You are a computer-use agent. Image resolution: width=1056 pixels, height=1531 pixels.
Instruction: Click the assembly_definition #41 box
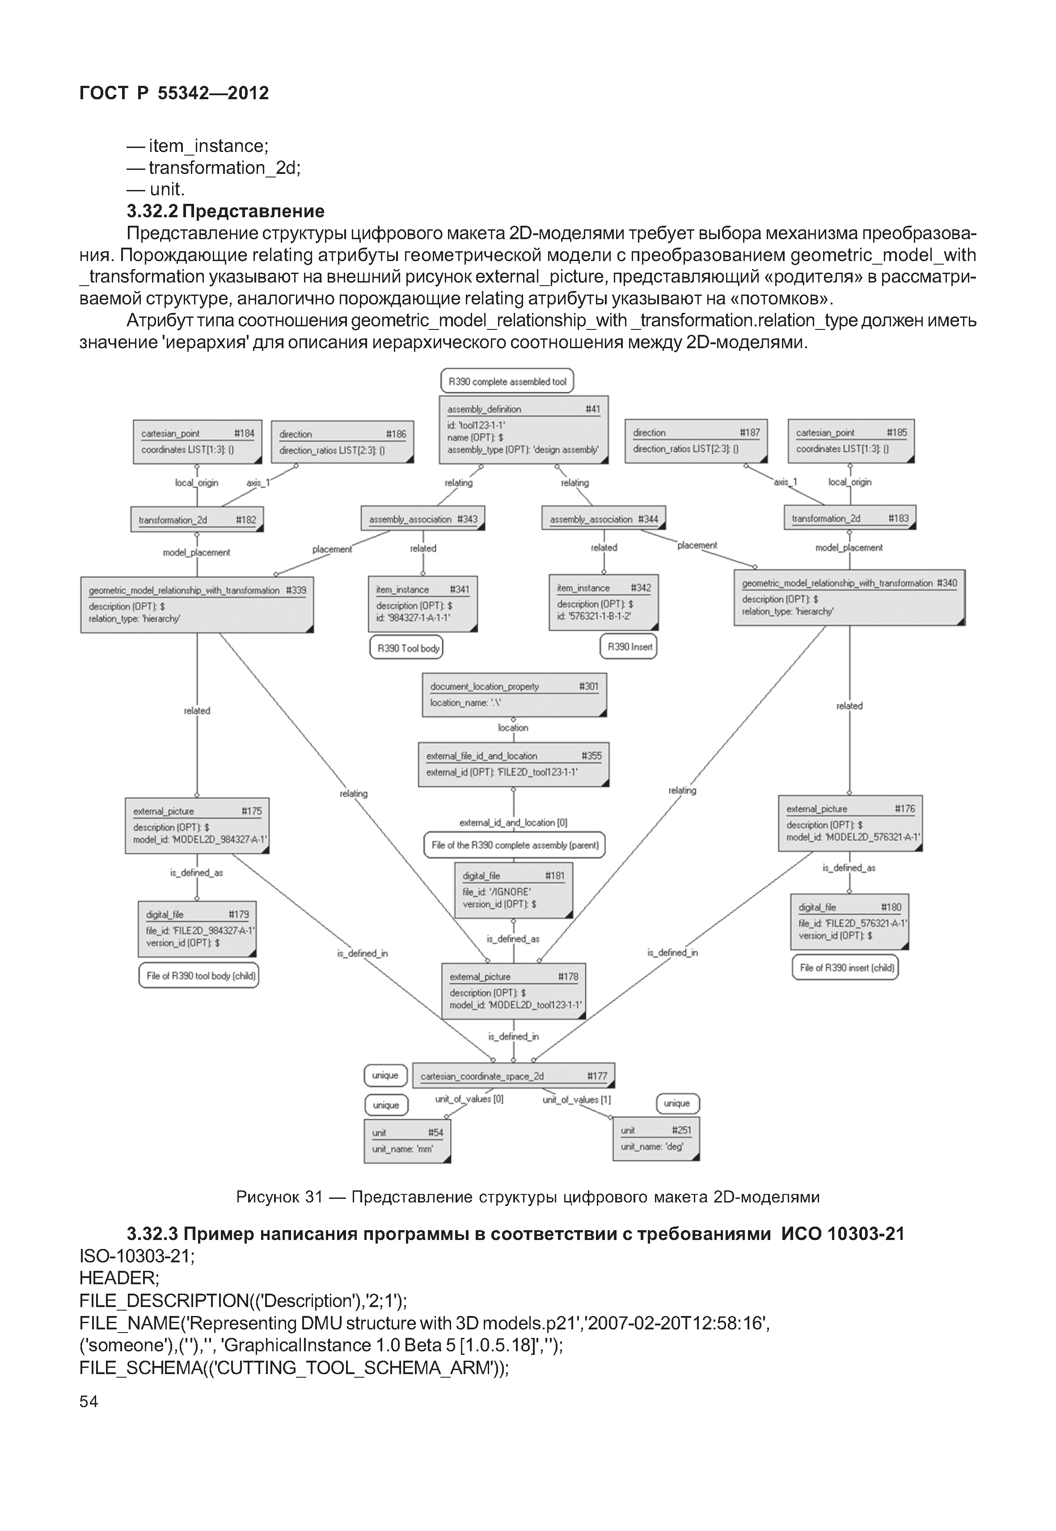tap(524, 430)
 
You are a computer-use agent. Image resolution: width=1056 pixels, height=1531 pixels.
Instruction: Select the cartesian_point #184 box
tap(197, 441)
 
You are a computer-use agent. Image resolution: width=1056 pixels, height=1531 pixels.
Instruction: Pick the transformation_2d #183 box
tap(849, 519)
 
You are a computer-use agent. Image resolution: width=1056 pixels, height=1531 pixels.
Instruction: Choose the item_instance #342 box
tap(604, 602)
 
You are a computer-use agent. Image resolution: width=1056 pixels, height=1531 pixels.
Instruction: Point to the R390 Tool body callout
tap(406, 648)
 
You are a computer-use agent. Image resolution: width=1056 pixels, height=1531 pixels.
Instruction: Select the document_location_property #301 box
tap(514, 695)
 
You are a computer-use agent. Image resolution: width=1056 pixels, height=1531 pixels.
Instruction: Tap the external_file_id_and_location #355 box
tap(513, 764)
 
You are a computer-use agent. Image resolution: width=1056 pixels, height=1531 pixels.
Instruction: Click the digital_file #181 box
tap(513, 890)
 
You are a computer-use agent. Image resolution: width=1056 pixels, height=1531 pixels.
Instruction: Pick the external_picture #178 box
tap(513, 991)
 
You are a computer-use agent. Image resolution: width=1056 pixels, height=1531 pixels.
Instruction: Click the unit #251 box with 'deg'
tap(656, 1139)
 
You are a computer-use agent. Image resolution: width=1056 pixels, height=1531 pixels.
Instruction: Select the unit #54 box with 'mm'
tap(407, 1141)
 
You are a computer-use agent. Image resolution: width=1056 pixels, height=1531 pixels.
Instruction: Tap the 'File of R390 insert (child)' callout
tap(845, 967)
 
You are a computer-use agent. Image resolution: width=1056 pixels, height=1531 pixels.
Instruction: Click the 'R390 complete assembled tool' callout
tap(507, 381)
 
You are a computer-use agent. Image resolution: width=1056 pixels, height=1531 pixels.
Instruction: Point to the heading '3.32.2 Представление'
tap(226, 211)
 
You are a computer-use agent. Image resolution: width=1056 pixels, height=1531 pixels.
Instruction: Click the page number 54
tap(89, 1401)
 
